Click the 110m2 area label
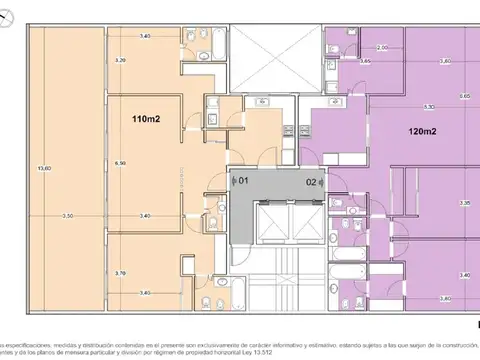(x=147, y=119)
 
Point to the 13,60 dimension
(x=41, y=167)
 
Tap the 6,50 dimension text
(x=120, y=163)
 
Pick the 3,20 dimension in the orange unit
(x=120, y=61)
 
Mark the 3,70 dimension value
(x=120, y=273)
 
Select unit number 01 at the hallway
(x=240, y=181)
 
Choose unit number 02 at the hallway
(x=312, y=181)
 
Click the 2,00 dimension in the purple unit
(x=382, y=48)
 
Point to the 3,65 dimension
(x=365, y=62)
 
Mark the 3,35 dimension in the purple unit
(x=464, y=203)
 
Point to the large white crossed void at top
(x=277, y=60)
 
